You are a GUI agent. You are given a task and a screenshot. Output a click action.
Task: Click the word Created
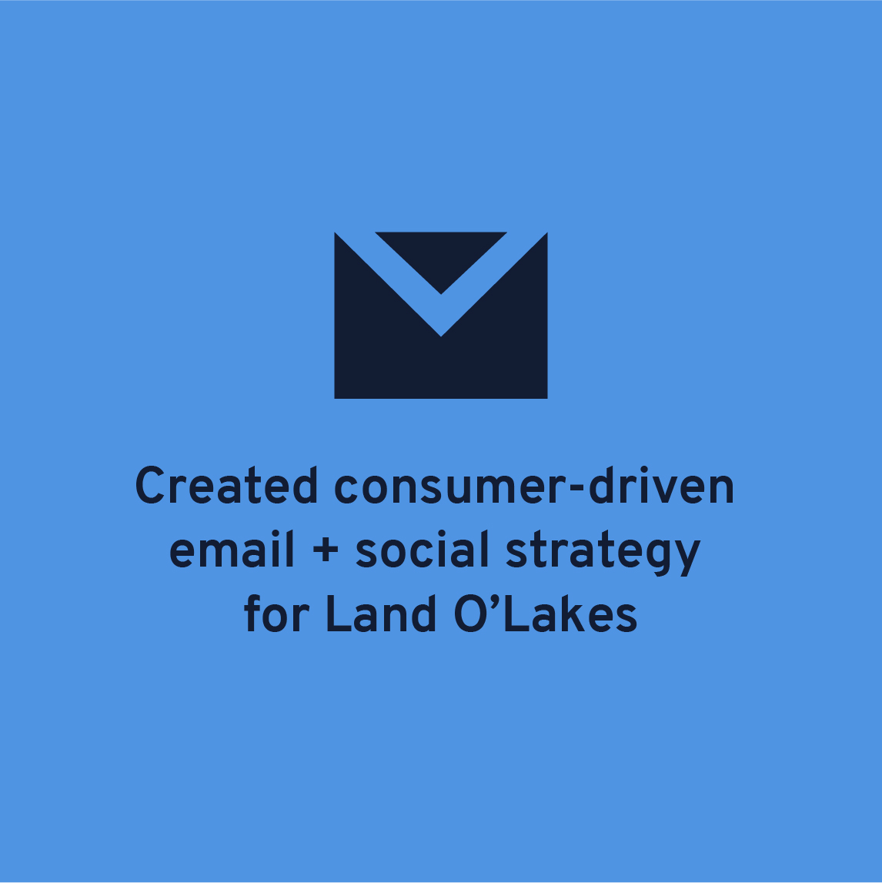[226, 485]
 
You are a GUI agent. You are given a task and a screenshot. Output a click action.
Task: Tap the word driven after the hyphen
[661, 485]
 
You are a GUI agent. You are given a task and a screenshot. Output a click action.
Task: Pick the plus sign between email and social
[326, 549]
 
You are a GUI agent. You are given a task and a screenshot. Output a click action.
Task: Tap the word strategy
[603, 552]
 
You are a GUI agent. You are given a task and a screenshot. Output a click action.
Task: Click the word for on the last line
[276, 613]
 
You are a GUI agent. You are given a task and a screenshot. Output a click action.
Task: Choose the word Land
[381, 613]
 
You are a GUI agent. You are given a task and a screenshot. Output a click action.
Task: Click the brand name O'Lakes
[546, 613]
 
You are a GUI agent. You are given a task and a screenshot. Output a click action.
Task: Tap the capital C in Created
[150, 486]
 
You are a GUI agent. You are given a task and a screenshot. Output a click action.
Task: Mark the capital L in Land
[339, 614]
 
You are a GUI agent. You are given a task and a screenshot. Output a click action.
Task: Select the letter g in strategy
[656, 556]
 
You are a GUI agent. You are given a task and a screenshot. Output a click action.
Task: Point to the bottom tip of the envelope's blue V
[441, 336]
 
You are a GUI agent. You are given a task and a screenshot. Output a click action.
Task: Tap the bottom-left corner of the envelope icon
[335, 398]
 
